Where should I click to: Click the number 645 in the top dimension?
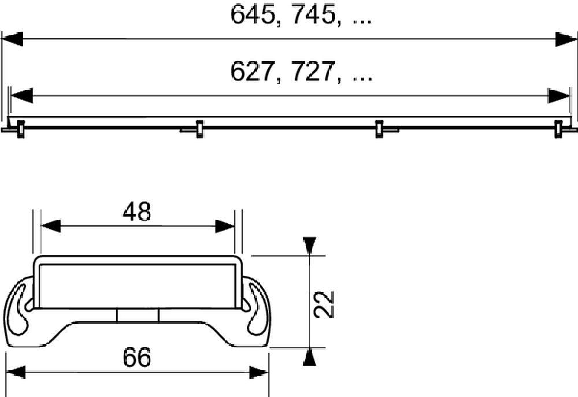pos(252,16)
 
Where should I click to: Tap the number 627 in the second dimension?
pos(252,72)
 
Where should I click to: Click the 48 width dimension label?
pos(136,213)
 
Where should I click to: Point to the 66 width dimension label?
pos(136,358)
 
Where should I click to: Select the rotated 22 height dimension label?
pos(325,303)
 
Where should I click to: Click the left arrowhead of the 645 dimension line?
pos(12,39)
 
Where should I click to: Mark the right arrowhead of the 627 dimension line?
pos(559,95)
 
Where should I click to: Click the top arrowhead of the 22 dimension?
pos(310,246)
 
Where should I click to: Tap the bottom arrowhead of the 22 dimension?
pos(310,357)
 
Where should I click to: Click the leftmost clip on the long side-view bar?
pos(20,129)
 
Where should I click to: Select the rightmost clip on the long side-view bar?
pos(559,129)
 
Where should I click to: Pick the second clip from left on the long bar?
pos(199,129)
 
